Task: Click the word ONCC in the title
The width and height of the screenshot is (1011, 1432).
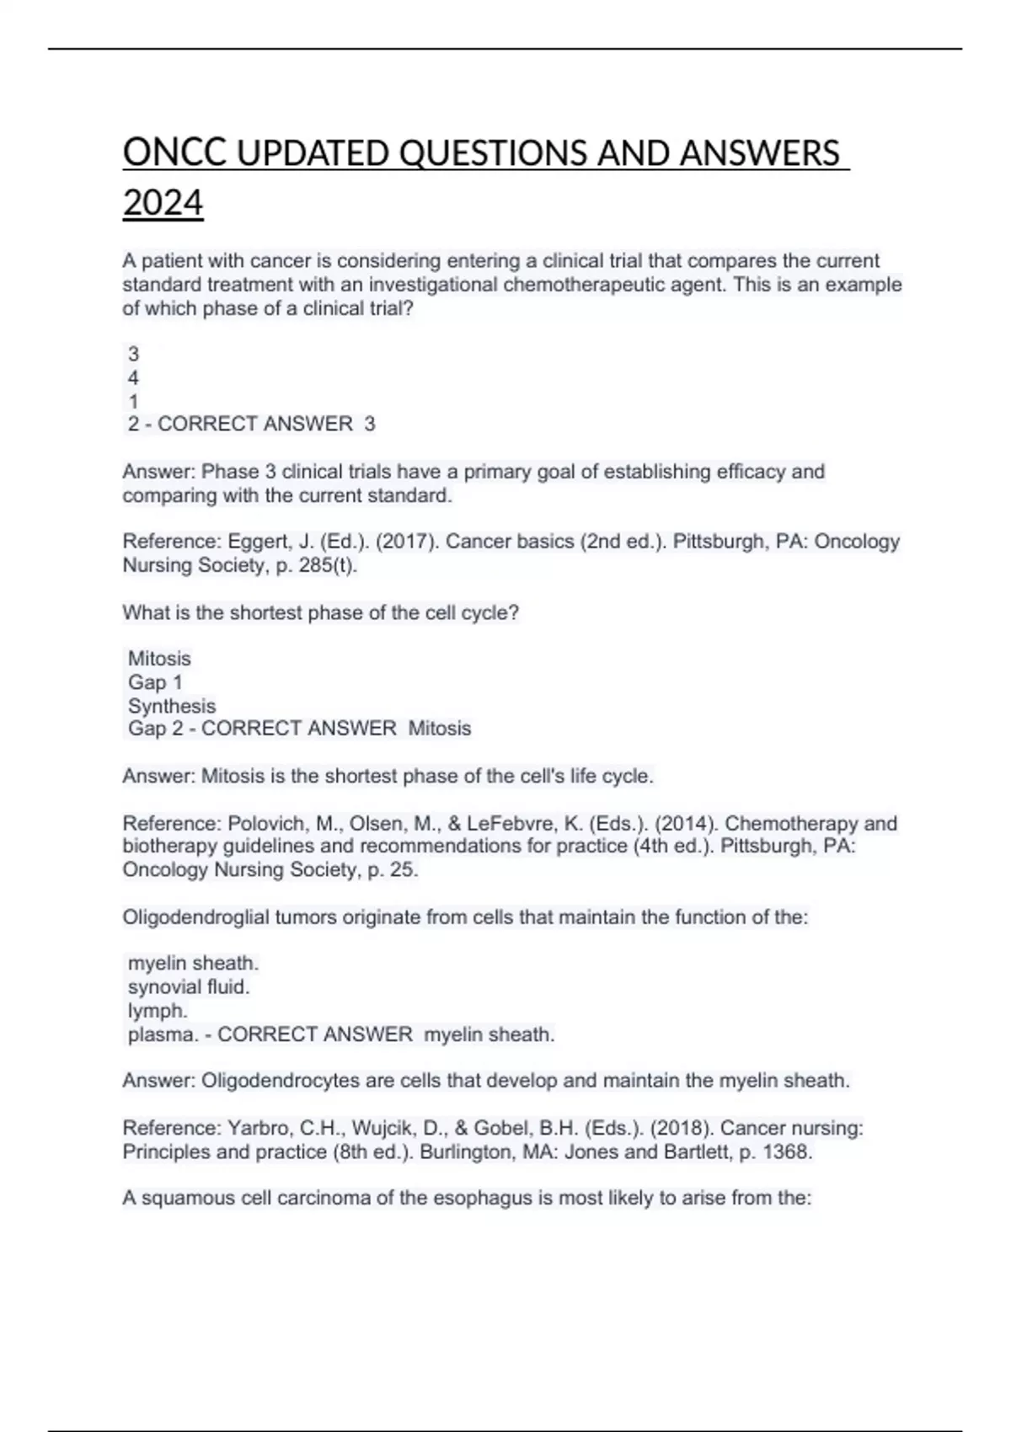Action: tap(174, 154)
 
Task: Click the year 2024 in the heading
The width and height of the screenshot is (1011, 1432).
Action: tap(163, 204)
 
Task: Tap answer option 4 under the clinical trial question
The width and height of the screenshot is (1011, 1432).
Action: tap(133, 378)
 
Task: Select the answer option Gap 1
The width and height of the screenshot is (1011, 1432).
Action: tap(155, 682)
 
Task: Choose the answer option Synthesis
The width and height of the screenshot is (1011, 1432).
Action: tap(172, 706)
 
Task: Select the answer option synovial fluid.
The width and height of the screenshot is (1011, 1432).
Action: tap(189, 987)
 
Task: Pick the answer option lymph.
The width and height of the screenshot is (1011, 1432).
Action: tap(158, 1011)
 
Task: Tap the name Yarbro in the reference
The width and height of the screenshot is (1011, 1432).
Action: tap(257, 1128)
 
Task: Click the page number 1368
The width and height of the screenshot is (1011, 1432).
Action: tap(787, 1151)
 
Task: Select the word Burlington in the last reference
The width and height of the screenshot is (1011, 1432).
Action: tap(468, 1151)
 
